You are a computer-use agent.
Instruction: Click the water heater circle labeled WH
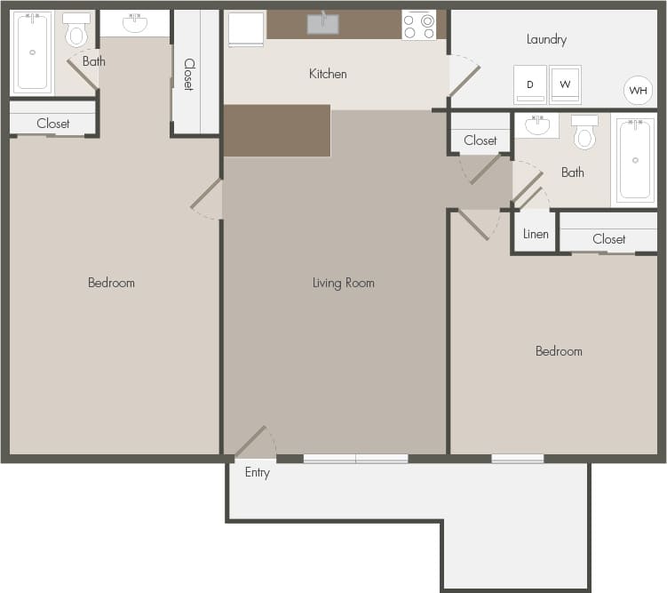pos(638,90)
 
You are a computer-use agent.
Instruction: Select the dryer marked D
pos(530,84)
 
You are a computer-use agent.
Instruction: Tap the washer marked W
pos(565,84)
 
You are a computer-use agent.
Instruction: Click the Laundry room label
pos(546,39)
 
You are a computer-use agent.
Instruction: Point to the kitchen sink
pos(322,24)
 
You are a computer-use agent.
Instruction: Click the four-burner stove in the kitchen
pos(419,26)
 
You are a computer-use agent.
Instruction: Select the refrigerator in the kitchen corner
pos(246,28)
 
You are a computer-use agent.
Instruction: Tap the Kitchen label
pos(328,74)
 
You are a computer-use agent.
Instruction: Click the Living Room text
pos(343,283)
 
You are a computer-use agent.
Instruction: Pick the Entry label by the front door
pos(257,472)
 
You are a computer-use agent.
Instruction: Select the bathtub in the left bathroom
pos(32,52)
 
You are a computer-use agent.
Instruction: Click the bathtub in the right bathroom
pos(634,160)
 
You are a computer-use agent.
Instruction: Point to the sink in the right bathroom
pos(536,125)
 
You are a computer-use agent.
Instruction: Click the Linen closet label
pos(536,235)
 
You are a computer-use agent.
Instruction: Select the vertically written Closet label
pos(189,74)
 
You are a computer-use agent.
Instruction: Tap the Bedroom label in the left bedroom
pos(111,283)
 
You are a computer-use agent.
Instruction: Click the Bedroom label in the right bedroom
pos(559,351)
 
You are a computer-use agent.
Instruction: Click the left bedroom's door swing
pos(206,199)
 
